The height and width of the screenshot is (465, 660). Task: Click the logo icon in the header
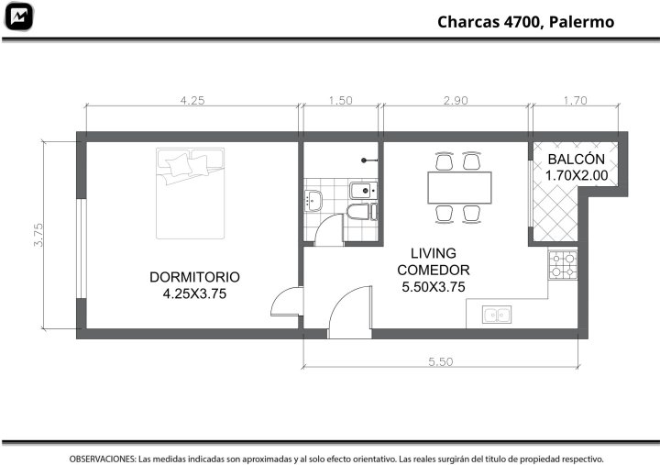click(x=18, y=17)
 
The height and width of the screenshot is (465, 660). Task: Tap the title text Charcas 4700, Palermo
click(x=526, y=22)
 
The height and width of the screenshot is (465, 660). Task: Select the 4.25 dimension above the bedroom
click(x=192, y=101)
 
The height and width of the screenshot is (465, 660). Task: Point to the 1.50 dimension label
click(x=340, y=101)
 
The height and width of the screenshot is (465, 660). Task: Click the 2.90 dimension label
click(x=456, y=101)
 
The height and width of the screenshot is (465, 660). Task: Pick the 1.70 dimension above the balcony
click(x=575, y=101)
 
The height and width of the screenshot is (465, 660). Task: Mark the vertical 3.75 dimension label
click(x=38, y=235)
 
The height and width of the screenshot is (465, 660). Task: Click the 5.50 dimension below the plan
click(x=441, y=361)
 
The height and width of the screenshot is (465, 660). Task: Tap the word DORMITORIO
click(x=194, y=277)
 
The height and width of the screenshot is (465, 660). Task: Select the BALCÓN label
click(x=577, y=160)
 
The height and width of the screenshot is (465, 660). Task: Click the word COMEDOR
click(x=433, y=270)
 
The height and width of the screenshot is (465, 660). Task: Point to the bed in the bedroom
click(x=191, y=194)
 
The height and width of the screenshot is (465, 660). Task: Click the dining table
click(x=459, y=187)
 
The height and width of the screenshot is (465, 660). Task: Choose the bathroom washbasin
click(x=313, y=201)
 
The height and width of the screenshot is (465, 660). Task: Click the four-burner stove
click(x=563, y=265)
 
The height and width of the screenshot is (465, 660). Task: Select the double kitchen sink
click(x=497, y=315)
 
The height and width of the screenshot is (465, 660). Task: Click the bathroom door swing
click(x=329, y=230)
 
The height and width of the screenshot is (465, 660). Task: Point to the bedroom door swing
click(x=287, y=302)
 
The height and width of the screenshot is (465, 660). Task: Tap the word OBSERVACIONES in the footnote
click(x=103, y=459)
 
